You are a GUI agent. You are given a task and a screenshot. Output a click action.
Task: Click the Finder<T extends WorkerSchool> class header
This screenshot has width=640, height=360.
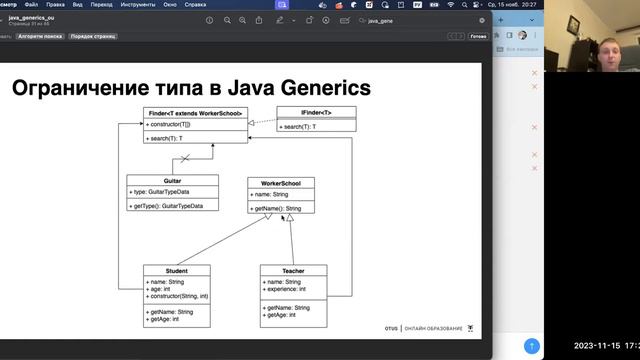pos(194,113)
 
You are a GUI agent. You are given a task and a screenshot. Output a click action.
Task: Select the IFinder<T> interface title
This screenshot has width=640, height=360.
pos(316,113)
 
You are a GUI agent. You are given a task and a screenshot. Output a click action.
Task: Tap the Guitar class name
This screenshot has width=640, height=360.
pos(172,181)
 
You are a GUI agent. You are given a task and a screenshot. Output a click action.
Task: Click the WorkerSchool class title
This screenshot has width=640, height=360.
pos(281,183)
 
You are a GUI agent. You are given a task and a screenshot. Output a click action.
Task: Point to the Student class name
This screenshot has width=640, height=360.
pos(176,270)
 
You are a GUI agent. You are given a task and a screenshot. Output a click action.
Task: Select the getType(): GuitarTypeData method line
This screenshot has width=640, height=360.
pos(173,205)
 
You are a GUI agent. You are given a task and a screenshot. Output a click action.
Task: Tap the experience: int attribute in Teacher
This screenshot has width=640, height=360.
pos(292,289)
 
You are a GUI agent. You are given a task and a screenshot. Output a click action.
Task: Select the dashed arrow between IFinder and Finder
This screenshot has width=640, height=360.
pos(261,122)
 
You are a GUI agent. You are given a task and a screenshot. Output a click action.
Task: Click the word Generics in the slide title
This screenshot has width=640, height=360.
pos(321,88)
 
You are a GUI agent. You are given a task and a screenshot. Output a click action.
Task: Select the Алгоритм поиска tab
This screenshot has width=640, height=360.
pos(41,36)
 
